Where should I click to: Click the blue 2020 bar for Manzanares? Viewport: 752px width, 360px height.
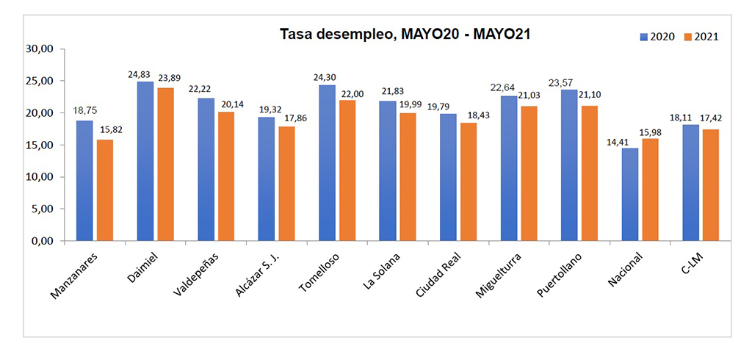click(84, 181)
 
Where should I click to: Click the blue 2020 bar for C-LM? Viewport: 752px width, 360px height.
click(691, 183)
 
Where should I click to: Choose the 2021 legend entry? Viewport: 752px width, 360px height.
click(701, 37)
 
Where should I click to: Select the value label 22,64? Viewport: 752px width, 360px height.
click(504, 87)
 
